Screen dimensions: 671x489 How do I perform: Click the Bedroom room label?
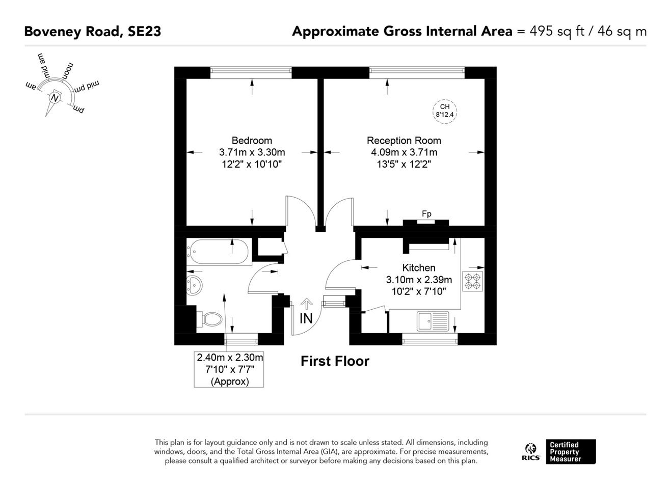252,141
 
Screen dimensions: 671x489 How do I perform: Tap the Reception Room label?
404,141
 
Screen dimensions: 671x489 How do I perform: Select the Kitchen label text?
418,267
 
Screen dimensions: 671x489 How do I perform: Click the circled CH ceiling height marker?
445,111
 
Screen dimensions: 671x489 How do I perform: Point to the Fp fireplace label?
426,213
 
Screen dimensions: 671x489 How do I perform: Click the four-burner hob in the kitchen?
472,281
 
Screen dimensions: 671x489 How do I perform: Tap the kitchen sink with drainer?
433,321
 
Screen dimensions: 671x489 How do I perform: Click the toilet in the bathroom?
209,319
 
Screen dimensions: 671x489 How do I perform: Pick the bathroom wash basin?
195,285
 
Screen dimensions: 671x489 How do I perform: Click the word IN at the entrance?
306,318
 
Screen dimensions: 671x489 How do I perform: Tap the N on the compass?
55,98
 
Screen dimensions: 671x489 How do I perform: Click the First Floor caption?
335,361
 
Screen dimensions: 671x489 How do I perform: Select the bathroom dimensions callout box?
229,369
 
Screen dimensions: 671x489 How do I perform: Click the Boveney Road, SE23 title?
93,32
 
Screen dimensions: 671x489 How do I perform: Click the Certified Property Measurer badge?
571,452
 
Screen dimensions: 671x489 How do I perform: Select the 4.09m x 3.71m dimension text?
404,152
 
